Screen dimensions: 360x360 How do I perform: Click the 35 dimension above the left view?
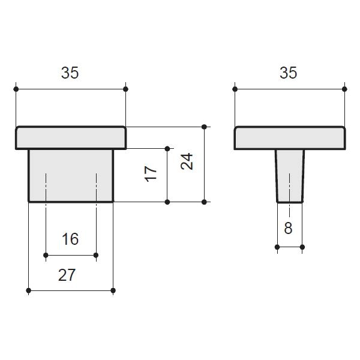(70, 73)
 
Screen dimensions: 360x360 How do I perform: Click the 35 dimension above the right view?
(289, 73)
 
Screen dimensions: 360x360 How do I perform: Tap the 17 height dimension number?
(151, 174)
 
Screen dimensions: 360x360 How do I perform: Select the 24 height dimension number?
(187, 161)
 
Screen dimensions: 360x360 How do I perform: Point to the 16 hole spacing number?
(70, 239)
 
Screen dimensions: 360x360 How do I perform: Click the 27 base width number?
(67, 275)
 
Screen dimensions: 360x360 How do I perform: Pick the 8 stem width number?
(288, 228)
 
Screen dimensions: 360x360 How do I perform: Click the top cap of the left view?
(71, 138)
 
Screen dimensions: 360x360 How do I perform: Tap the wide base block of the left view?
(71, 176)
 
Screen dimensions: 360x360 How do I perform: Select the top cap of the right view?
(290, 138)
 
